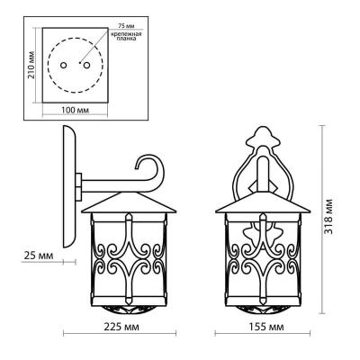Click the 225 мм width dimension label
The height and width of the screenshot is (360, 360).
121,327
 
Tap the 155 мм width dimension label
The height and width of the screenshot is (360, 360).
266,327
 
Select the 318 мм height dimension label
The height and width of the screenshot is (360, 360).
328,216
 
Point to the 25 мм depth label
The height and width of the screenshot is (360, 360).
39,256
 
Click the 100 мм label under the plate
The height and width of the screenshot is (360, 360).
76,110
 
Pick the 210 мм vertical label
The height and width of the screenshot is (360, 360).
31,65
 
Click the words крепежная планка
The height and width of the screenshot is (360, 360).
126,36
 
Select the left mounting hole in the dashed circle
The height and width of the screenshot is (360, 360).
63,65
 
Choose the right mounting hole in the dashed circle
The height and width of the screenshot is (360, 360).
86,65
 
